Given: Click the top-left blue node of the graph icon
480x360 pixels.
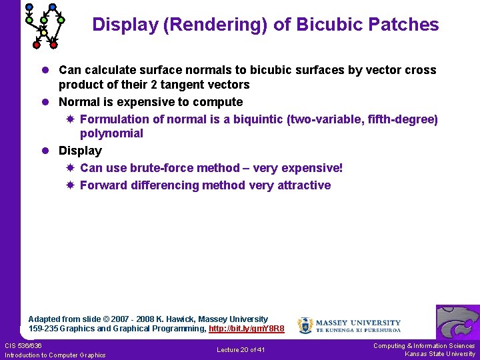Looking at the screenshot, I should click(29, 7).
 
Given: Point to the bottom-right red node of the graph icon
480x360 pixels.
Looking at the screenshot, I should click(53, 45).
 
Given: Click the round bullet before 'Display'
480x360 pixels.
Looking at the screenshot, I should click(47, 151).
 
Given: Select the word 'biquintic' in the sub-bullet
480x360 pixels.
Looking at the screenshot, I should click(277, 119).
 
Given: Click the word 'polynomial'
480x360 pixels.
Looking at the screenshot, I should click(111, 133).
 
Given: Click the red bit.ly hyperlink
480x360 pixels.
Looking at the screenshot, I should click(247, 329).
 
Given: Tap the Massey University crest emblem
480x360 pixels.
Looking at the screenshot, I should click(305, 325).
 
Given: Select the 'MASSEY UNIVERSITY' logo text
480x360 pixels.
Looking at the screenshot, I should click(358, 323).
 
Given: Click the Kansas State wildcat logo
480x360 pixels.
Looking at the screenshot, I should click(457, 322).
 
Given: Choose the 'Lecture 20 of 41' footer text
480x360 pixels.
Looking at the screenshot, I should click(241, 350).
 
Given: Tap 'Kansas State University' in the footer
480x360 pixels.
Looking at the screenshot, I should click(440, 354).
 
